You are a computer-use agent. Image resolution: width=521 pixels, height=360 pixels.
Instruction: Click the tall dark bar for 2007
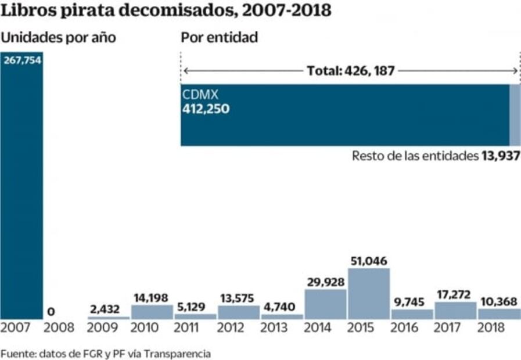(x=21, y=192)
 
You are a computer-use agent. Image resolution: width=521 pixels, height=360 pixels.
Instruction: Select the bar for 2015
(x=369, y=293)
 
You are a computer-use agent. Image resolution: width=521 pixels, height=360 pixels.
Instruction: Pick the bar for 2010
(x=152, y=312)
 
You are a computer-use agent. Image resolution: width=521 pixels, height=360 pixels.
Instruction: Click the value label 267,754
(x=22, y=60)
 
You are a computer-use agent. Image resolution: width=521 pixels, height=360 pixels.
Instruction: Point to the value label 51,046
(x=369, y=261)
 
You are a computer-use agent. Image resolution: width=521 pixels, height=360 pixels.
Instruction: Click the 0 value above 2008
(x=51, y=312)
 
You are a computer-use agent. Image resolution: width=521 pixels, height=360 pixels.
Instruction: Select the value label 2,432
(x=109, y=309)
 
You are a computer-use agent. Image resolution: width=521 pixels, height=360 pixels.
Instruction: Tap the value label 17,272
(x=455, y=295)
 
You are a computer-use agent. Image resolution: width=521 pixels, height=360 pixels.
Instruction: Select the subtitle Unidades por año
(x=58, y=38)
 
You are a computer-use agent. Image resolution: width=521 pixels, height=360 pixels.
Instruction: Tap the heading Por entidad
(x=220, y=38)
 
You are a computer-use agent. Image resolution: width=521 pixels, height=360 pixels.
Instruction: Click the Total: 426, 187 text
(x=351, y=71)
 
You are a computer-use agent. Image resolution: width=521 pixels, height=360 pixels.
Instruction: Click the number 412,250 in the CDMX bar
(x=206, y=108)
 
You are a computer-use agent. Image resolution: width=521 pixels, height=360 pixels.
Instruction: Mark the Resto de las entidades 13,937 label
(x=436, y=156)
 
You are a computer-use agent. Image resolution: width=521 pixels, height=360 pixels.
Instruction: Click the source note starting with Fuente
(x=105, y=353)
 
